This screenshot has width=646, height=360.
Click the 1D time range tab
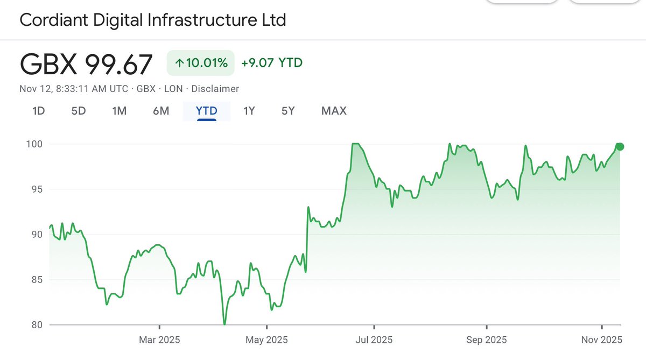pos(38,111)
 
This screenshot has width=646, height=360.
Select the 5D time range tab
pos(79,111)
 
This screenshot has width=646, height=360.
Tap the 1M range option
pos(119,111)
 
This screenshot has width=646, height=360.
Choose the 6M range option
pos(161,111)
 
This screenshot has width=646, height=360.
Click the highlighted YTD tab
pos(207,111)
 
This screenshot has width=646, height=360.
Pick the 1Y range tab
pos(249,111)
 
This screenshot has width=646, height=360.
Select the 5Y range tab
pos(288,111)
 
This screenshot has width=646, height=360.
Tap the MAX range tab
pos(334,111)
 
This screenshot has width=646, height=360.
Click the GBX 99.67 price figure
pos(86,65)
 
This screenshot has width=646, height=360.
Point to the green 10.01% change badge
pos(200,63)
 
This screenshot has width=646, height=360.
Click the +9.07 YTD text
pos(272,63)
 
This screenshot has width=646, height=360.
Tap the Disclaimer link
pos(215,89)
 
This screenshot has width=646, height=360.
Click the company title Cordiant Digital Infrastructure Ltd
pos(153,20)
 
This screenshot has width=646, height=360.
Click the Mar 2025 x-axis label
pos(159,340)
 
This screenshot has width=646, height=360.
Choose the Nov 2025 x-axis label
pos(601,340)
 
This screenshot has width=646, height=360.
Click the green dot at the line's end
pos(620,146)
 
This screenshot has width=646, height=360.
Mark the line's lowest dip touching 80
pos(224,323)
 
